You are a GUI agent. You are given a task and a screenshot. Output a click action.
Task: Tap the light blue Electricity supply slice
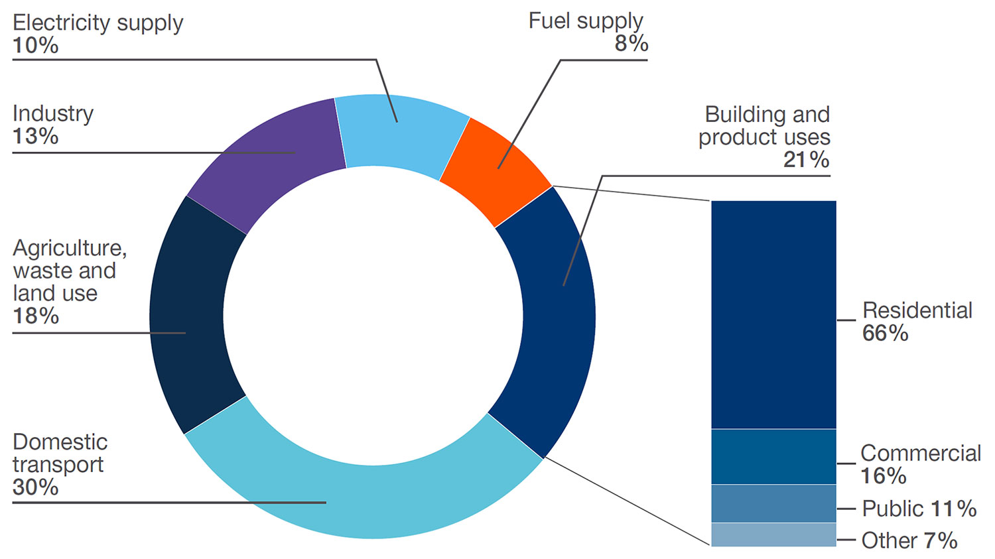[401, 133]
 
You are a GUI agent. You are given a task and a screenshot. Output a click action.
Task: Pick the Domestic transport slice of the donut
[365, 497]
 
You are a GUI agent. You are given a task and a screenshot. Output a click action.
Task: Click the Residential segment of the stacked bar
[773, 315]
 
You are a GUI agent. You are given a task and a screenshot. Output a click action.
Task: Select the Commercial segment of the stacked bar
[773, 457]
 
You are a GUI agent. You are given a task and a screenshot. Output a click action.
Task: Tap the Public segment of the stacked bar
[773, 504]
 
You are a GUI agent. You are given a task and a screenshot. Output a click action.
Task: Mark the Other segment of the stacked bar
[773, 535]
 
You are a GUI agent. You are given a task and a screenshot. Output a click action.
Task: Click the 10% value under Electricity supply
[36, 46]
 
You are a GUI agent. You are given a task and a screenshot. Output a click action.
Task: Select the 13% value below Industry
[36, 137]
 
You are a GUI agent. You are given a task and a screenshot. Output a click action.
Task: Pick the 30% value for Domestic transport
[36, 487]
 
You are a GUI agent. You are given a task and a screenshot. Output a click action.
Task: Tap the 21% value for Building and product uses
[806, 160]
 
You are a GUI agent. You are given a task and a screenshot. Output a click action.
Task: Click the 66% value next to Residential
[885, 334]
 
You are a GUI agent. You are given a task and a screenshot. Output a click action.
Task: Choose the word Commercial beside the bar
[921, 454]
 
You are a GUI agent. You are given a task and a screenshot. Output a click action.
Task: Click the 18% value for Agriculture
[36, 316]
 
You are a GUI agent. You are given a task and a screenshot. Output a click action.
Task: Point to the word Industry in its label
[53, 114]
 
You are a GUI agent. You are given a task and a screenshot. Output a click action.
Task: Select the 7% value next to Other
[941, 541]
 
